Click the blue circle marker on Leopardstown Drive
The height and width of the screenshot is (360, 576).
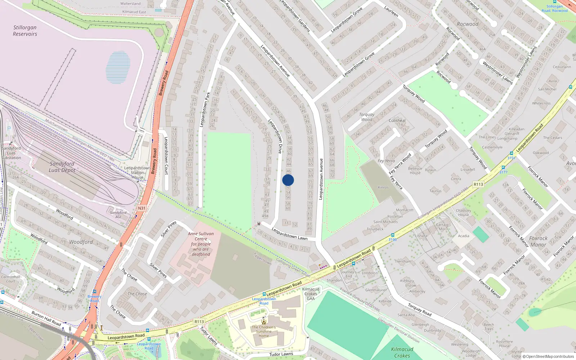click(288, 180)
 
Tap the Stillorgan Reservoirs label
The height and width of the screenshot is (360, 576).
click(25, 31)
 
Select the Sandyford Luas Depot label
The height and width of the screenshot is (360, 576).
click(62, 167)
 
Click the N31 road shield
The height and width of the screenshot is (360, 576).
click(142, 208)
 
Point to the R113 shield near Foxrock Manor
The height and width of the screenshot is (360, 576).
click(478, 184)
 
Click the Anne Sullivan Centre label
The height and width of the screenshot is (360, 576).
click(201, 244)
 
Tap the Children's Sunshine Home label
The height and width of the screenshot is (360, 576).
click(264, 331)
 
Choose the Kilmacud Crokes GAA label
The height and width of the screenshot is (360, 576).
click(311, 294)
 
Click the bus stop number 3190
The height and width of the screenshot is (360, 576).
click(392, 239)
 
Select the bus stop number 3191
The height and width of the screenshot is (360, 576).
click(511, 158)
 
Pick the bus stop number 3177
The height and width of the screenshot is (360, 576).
click(503, 172)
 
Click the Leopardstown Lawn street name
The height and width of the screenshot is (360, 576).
click(289, 234)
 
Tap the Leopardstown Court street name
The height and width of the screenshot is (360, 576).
click(166, 156)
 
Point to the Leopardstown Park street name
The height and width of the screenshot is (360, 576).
click(204, 109)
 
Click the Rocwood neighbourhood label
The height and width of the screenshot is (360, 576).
click(468, 24)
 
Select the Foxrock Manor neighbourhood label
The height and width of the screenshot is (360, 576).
click(538, 242)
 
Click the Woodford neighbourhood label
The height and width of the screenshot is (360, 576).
click(81, 242)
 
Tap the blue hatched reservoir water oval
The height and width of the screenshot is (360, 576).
click(118, 67)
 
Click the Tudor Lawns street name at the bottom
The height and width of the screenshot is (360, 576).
click(281, 354)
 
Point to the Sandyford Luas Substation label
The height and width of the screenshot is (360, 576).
click(11, 153)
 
